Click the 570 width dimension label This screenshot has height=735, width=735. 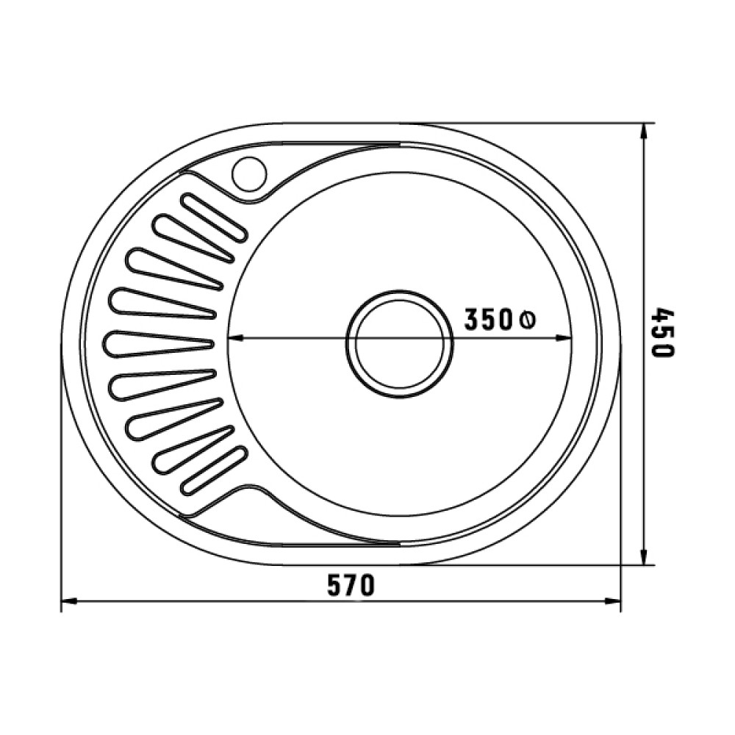(x=351, y=585)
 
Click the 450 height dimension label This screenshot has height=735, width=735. (x=662, y=332)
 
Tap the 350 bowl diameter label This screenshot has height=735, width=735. (x=488, y=320)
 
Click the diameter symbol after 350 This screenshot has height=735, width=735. (x=527, y=320)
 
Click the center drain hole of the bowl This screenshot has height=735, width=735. (x=399, y=344)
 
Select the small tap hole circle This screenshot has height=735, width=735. (x=249, y=174)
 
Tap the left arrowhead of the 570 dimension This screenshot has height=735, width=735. (x=69, y=601)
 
